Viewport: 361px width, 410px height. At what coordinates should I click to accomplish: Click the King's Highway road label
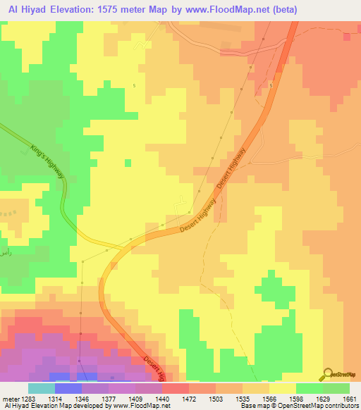coord(48,162)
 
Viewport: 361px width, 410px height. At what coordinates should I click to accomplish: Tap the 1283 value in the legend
coord(28,399)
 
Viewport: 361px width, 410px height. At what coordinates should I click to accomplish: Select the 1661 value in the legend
coord(350,399)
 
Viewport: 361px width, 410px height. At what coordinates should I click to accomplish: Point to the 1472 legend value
coord(189,399)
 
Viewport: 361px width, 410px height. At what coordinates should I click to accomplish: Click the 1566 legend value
coord(269,399)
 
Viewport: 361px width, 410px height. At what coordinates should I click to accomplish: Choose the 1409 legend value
coord(135,399)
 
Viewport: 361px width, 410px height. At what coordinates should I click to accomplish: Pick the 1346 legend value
coord(82,399)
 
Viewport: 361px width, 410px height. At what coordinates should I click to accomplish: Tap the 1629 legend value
coord(322,399)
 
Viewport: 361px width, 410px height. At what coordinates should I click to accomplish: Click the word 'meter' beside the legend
coord(11,399)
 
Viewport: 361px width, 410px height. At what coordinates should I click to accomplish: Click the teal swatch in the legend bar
coord(42,388)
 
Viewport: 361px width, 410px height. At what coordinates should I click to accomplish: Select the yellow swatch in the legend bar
coord(282,388)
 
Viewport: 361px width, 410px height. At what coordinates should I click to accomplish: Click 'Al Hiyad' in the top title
coord(21,9)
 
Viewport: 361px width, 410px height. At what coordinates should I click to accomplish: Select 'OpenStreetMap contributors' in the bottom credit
coord(324,406)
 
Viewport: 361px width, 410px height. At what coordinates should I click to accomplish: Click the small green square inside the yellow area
coord(128,163)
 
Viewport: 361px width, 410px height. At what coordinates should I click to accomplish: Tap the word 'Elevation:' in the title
coord(74,9)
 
